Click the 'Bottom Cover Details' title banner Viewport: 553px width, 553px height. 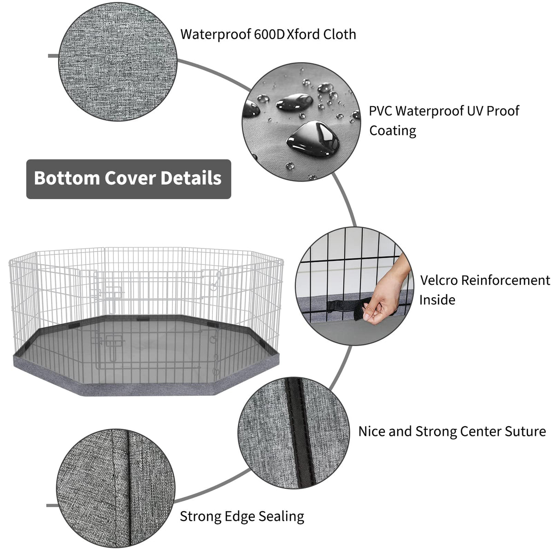pos(129,179)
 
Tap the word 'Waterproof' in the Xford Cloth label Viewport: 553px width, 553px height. pos(216,35)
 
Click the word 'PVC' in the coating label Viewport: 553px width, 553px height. pos(380,111)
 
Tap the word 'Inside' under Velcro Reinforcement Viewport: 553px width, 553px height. pos(437,300)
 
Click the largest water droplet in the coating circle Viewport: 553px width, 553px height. pos(313,139)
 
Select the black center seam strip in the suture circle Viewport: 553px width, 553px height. pos(300,433)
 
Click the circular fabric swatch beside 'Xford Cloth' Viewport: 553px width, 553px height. pos(118,62)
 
